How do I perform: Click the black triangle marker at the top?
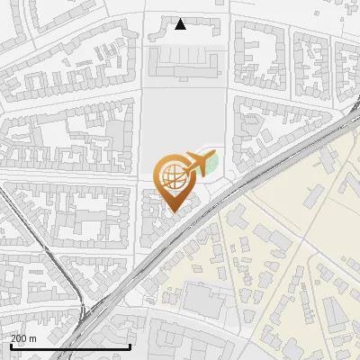(180, 24)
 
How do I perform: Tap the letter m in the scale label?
(33, 338)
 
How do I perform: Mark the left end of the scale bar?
(10, 346)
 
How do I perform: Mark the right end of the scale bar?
(130, 346)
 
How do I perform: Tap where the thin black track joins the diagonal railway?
(85, 310)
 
